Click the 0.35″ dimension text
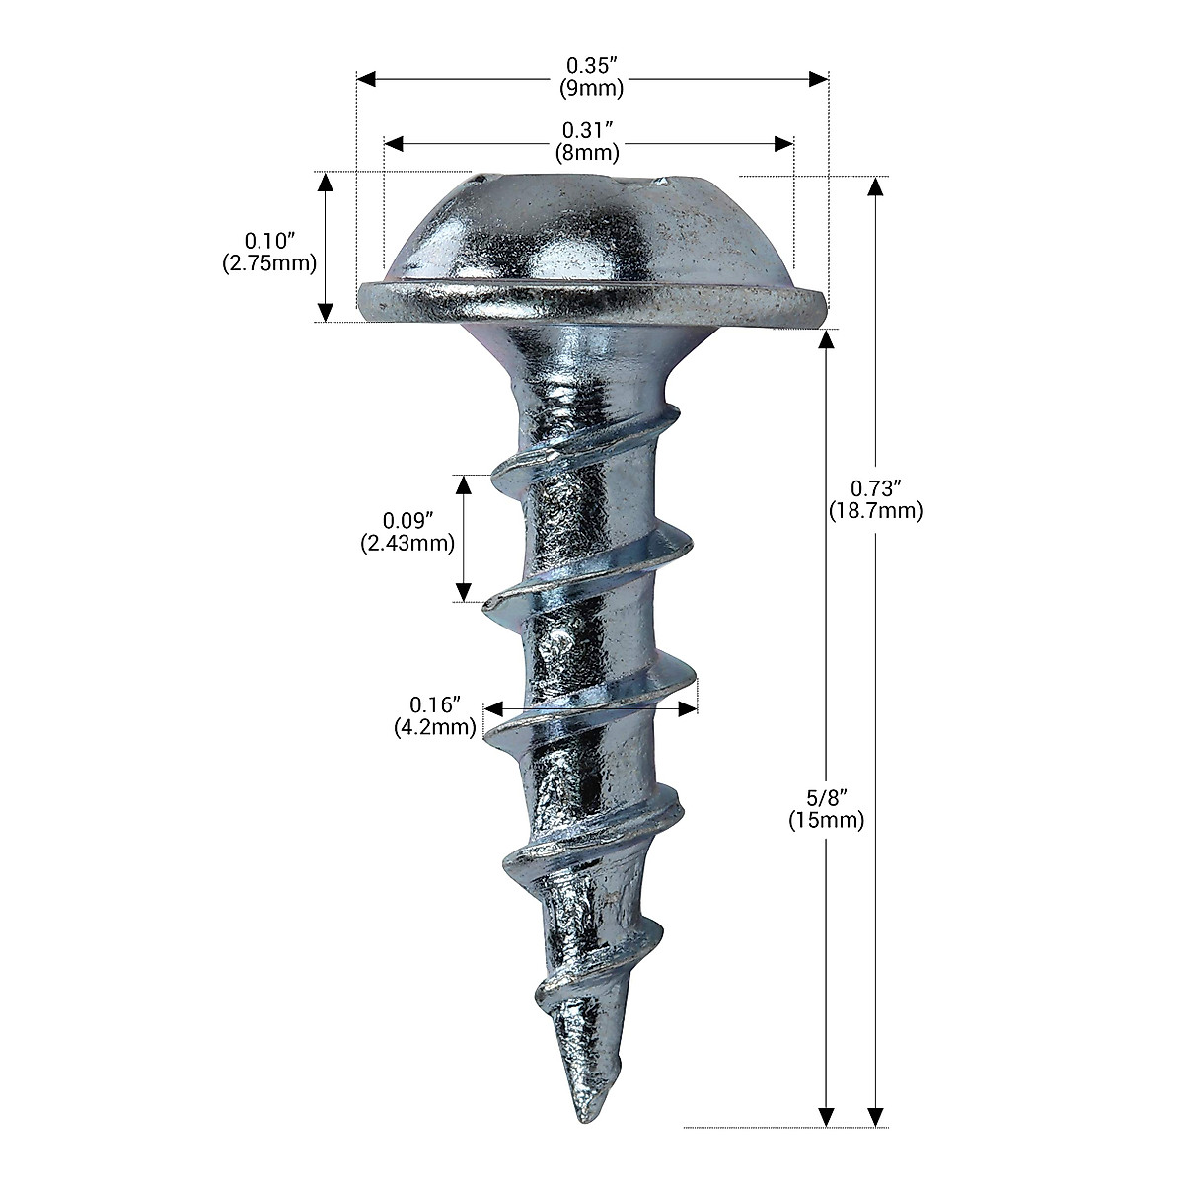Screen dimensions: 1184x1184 (592, 65)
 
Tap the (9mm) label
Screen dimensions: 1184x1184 (592, 88)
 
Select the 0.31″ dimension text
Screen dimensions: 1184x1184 (589, 130)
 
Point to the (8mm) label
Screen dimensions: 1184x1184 (589, 153)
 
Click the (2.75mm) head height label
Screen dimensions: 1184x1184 (269, 263)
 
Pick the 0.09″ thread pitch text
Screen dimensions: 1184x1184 (408, 520)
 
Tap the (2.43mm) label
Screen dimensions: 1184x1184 (407, 543)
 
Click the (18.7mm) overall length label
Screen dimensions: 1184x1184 (877, 511)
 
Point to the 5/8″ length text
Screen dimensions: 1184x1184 (827, 797)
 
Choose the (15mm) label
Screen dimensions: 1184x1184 (827, 820)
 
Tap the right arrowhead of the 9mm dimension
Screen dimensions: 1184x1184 (819, 78)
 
